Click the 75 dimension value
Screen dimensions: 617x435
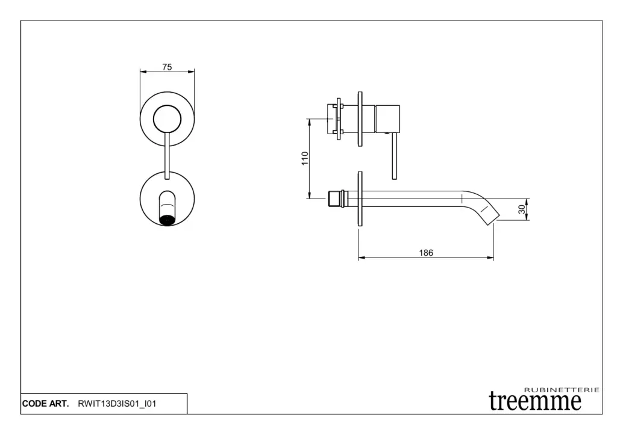(x=168, y=67)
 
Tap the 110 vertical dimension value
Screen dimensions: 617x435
(x=305, y=158)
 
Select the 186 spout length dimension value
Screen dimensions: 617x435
(x=426, y=253)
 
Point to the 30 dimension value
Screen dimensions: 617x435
(x=522, y=209)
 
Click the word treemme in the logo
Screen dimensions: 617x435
(x=535, y=401)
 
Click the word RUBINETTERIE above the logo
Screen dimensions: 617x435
(x=562, y=390)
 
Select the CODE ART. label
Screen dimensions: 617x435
(x=45, y=404)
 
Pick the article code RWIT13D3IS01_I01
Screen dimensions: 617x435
(x=117, y=404)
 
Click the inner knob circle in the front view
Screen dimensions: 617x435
(x=168, y=119)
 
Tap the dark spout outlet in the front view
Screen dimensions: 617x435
(x=168, y=219)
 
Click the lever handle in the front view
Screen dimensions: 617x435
(x=168, y=156)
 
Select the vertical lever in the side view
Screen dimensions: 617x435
(x=394, y=156)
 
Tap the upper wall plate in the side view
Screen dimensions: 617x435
(x=360, y=119)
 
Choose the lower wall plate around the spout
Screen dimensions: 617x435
(x=360, y=199)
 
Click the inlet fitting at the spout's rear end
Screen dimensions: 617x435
(x=337, y=199)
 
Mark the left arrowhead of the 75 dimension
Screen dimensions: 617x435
(x=143, y=72)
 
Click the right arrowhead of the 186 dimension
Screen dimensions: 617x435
(x=490, y=258)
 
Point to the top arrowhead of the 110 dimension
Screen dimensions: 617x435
(x=310, y=122)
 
